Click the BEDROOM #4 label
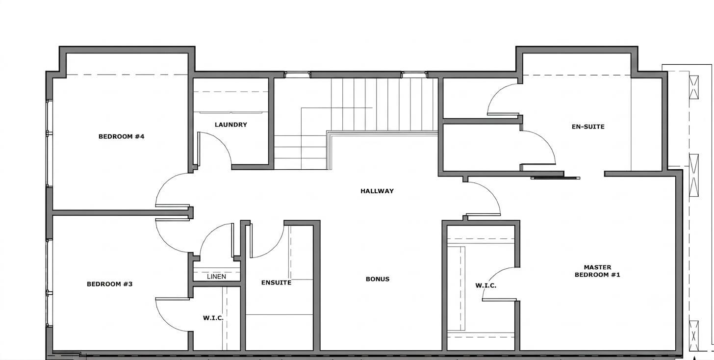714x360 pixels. tap(121, 136)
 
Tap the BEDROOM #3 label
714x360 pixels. tap(109, 284)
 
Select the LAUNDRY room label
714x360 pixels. tap(231, 125)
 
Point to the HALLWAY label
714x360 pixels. tap(377, 191)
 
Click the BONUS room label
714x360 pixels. tap(378, 279)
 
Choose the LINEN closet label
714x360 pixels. tap(216, 277)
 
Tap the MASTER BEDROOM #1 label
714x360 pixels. tap(597, 271)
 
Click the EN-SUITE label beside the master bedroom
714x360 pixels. tap(588, 127)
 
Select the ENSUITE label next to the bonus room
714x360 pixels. tap(276, 283)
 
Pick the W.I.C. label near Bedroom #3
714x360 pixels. tap(213, 318)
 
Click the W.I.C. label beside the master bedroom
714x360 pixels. tap(485, 286)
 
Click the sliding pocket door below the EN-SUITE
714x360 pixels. tap(555, 178)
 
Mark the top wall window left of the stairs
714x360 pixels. tap(297, 75)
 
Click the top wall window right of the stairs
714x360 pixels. tap(414, 75)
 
